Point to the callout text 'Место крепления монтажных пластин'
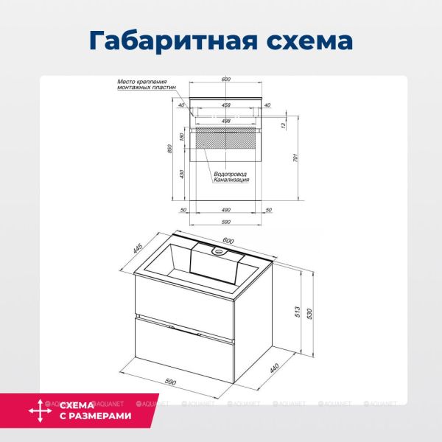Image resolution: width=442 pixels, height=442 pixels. tap(146, 85)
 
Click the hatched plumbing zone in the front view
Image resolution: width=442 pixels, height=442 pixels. tap(226, 138)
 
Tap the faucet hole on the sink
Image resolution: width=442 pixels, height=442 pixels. tap(217, 252)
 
